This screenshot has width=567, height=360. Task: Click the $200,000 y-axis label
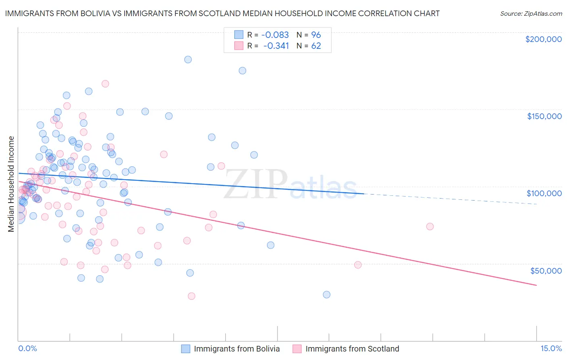pos(543,39)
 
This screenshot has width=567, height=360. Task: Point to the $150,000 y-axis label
pos(544,116)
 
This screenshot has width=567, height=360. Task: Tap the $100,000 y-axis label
pos(544,193)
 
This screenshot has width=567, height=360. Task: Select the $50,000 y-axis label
pos(546,270)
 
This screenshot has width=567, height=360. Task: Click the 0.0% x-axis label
pos(27,348)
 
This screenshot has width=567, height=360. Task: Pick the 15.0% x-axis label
pos(551,348)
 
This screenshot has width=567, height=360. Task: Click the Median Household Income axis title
pos(11,184)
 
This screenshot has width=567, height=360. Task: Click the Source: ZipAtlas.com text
pos(531,14)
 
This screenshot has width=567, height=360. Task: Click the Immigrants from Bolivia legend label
pos(237,349)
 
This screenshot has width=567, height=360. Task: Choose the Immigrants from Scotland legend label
pos(352,349)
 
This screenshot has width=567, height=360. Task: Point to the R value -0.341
pos(276,46)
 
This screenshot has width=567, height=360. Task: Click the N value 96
pos(316,35)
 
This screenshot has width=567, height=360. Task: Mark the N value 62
pos(316,46)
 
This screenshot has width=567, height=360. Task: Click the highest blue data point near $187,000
pos(188,59)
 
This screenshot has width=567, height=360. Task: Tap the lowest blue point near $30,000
pos(327,295)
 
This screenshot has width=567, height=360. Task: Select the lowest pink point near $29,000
pos(192,296)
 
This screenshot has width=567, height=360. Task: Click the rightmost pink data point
pos(430,226)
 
